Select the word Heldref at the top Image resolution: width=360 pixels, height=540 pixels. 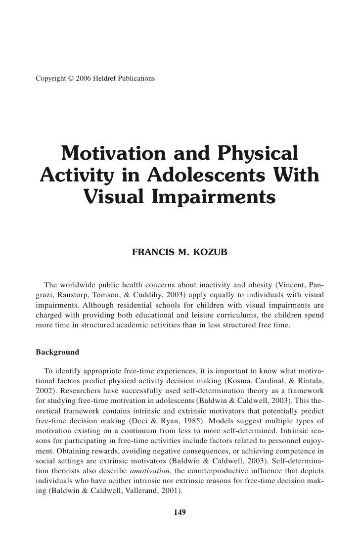tap(107, 79)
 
